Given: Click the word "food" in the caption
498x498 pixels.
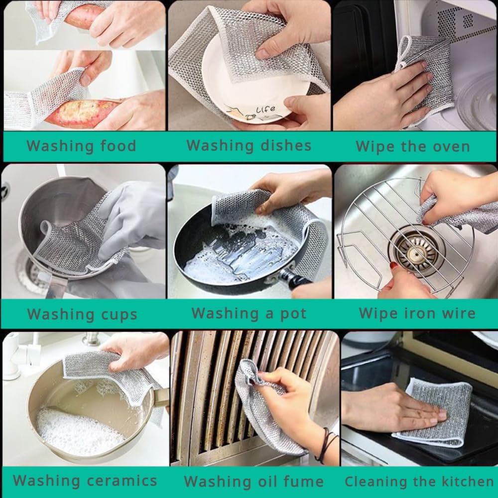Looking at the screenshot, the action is pos(118,146).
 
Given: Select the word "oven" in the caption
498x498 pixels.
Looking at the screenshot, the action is pos(451,147).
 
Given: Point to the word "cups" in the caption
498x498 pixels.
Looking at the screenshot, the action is pos(119,315).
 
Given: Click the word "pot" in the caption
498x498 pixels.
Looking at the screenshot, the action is pos(293,314).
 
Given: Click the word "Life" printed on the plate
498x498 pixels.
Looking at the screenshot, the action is pos(265,110).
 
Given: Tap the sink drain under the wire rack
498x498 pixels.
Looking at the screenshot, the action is pos(413,251).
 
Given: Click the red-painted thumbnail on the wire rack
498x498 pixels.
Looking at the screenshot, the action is pos(394,265).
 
